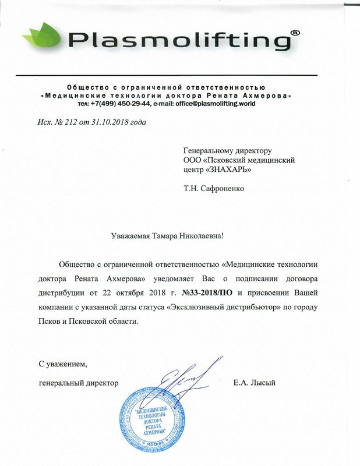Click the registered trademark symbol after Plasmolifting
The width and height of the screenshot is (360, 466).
[x=296, y=34]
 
